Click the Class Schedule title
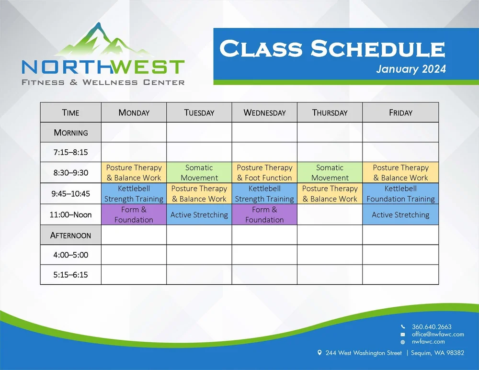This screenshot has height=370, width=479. pyautogui.click(x=332, y=49)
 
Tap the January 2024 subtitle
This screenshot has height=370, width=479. pyautogui.click(x=411, y=69)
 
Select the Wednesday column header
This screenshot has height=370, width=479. pyautogui.click(x=264, y=112)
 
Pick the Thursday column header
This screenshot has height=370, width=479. pyautogui.click(x=330, y=112)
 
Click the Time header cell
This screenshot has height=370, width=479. pyautogui.click(x=70, y=112)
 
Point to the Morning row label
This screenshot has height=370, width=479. pyautogui.click(x=70, y=133)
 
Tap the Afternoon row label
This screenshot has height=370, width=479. pyautogui.click(x=70, y=235)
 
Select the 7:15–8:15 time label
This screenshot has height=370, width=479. pyautogui.click(x=70, y=153)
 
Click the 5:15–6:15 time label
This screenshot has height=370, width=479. pyautogui.click(x=70, y=275)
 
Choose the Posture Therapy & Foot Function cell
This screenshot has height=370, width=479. pyautogui.click(x=264, y=173)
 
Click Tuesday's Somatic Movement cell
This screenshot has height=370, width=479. pyautogui.click(x=199, y=173)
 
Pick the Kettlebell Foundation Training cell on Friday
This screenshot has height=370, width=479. pyautogui.click(x=400, y=194)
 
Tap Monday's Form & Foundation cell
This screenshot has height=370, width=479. pyautogui.click(x=134, y=214)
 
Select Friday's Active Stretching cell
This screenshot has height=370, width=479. pyautogui.click(x=400, y=214)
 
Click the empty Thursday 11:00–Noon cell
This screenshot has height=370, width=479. pyautogui.click(x=330, y=214)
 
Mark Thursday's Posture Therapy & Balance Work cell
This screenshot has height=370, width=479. pyautogui.click(x=330, y=194)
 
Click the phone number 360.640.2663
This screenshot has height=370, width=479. pyautogui.click(x=431, y=327)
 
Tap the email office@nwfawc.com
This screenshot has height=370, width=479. pyautogui.click(x=437, y=334)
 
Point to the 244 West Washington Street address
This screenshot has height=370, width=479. pyautogui.click(x=363, y=353)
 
